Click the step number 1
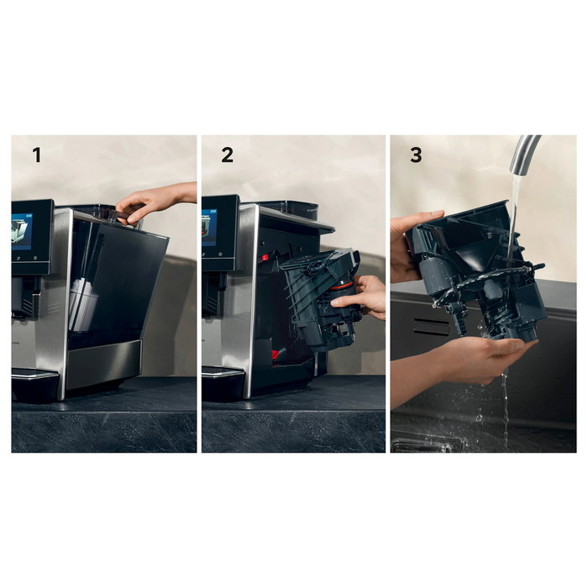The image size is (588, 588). [37, 155]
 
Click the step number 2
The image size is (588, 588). [227, 155]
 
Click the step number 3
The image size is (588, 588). [416, 155]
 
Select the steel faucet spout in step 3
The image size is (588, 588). [522, 155]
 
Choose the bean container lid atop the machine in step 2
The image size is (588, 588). [290, 207]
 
